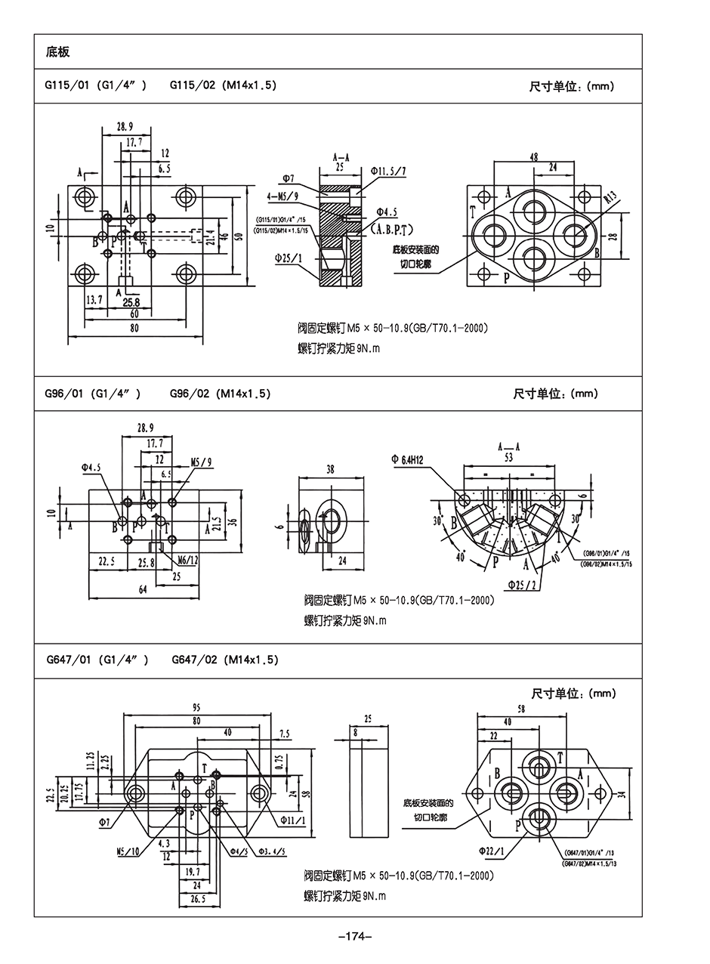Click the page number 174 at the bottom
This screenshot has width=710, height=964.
[354, 938]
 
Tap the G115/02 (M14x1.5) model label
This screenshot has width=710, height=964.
[223, 85]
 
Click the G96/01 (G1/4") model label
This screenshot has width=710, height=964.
[94, 394]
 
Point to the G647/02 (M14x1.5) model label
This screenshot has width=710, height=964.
[225, 660]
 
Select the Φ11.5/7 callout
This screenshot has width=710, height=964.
[388, 171]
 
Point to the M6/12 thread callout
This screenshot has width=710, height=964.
[187, 560]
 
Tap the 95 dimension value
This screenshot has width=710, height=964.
[196, 708]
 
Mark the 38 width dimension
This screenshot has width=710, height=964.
[330, 469]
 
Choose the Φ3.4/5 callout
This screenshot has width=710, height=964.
[272, 851]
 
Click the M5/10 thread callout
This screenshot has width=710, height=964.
[129, 852]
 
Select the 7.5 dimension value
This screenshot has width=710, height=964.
[284, 734]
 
